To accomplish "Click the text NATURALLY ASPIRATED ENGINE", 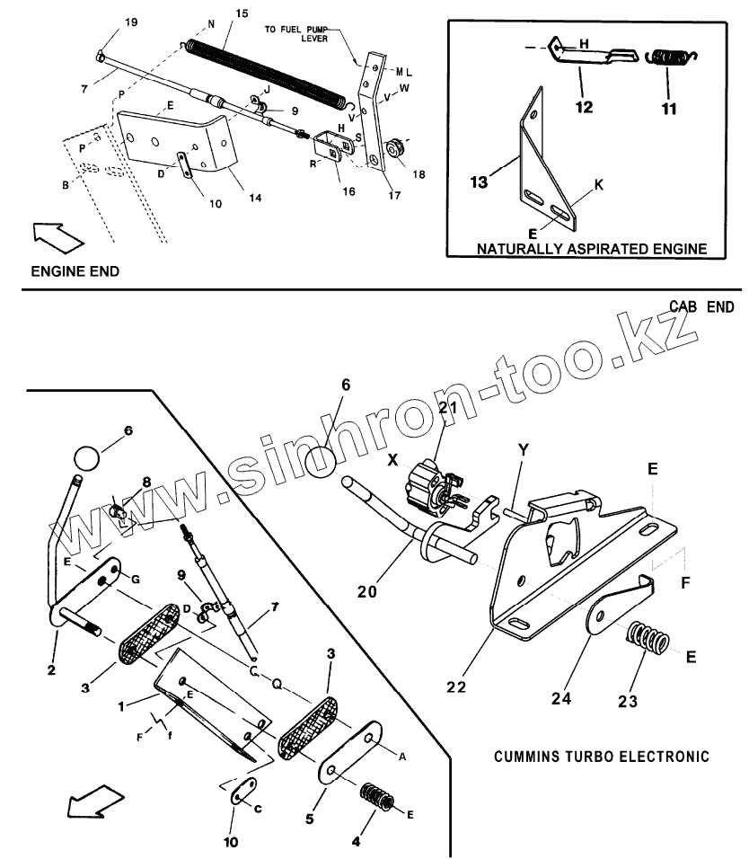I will tap(591, 248).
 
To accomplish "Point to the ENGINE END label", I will tap(75, 270).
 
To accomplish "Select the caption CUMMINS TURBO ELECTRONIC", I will tap(601, 756).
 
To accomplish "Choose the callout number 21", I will tap(448, 407).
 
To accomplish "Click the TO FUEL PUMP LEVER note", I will tap(296, 34).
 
